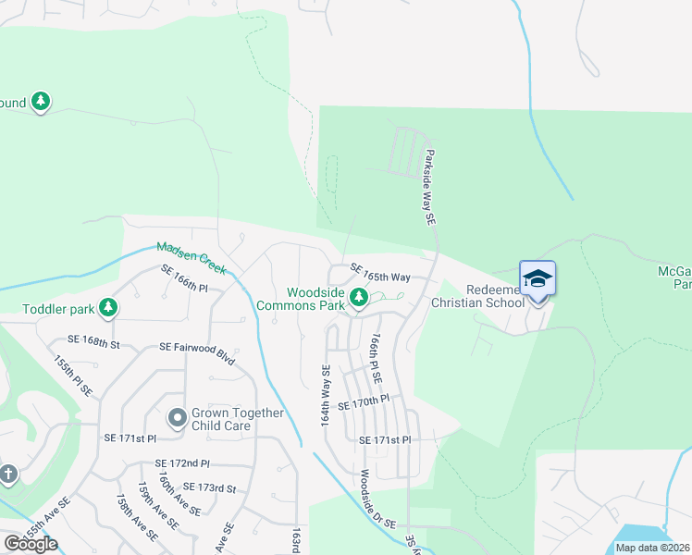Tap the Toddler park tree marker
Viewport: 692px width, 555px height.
pyautogui.click(x=109, y=306)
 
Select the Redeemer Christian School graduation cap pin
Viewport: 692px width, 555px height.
pyautogui.click(x=538, y=278)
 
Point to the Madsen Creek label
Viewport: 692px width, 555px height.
pyautogui.click(x=192, y=257)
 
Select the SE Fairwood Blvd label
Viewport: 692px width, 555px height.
pyautogui.click(x=196, y=351)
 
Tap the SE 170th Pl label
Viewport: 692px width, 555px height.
pyautogui.click(x=365, y=405)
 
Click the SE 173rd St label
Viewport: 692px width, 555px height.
pyautogui.click(x=210, y=487)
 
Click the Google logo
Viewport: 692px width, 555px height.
pyautogui.click(x=31, y=544)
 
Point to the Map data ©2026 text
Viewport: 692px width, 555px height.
pyautogui.click(x=653, y=548)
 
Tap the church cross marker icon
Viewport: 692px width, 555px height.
pyautogui.click(x=7, y=475)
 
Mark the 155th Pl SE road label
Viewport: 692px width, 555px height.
pyautogui.click(x=73, y=376)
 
